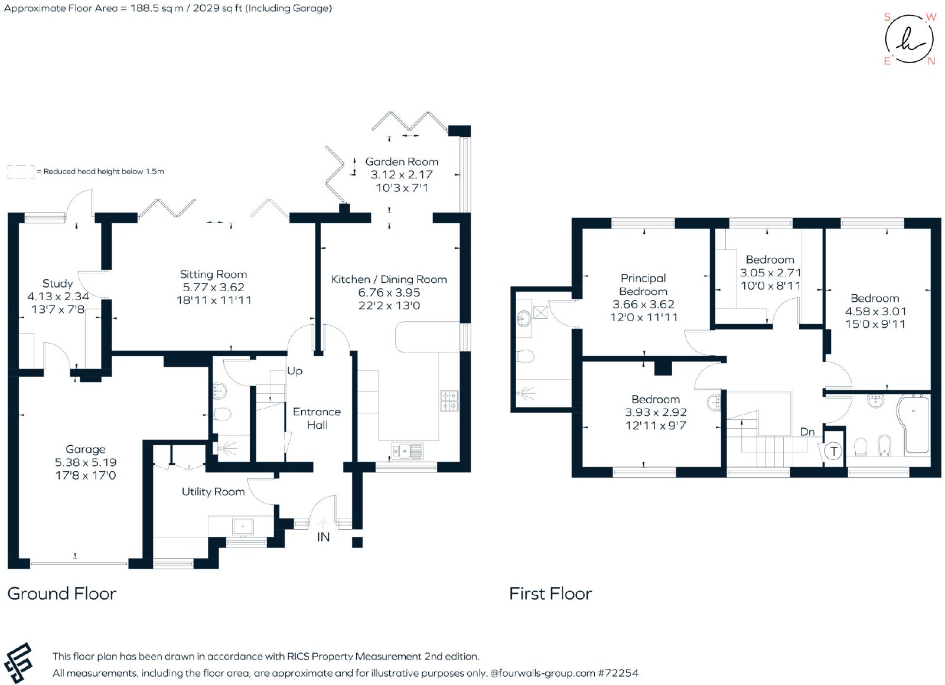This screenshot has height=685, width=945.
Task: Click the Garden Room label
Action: [x=402, y=162]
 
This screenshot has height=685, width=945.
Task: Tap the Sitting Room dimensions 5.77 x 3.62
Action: [x=213, y=287]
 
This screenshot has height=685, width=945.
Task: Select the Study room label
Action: [x=57, y=283]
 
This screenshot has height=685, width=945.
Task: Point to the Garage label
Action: [x=85, y=449]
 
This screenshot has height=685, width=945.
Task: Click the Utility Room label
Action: [x=213, y=492]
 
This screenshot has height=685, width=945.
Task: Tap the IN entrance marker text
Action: [x=323, y=537]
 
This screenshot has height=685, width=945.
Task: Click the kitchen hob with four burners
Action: [x=449, y=401]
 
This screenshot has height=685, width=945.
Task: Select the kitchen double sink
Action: [x=407, y=451]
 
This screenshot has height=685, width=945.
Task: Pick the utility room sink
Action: [x=243, y=526]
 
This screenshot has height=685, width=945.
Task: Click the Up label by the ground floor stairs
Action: [x=295, y=371]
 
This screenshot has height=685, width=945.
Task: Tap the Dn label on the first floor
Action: [x=807, y=432]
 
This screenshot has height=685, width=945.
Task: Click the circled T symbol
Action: [x=833, y=451]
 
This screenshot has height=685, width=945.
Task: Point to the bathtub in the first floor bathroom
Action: [x=913, y=425]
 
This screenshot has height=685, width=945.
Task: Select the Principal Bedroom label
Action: [x=643, y=285]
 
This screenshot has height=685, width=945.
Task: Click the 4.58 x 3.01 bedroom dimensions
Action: [x=875, y=311]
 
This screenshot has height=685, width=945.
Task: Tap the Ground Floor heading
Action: [x=61, y=593]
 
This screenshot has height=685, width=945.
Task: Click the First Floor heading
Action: [x=550, y=593]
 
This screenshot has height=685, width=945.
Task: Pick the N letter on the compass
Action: [x=931, y=61]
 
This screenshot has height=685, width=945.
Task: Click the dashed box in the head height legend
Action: [x=21, y=172]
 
